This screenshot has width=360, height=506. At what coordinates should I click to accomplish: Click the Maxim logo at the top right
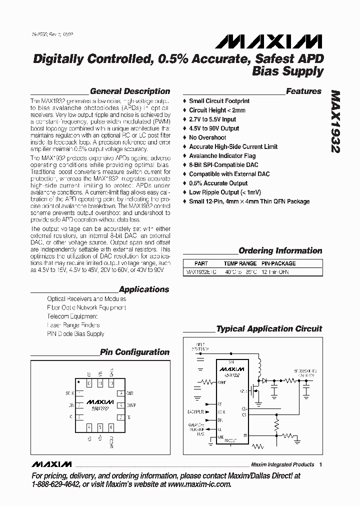click(x=285, y=40)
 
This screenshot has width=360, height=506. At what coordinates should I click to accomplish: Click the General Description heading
click(x=129, y=91)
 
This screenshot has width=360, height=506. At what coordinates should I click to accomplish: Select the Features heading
click(x=303, y=91)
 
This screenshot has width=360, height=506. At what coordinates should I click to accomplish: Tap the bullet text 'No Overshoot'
click(x=207, y=137)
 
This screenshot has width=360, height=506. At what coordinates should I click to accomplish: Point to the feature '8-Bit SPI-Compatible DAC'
click(x=223, y=165)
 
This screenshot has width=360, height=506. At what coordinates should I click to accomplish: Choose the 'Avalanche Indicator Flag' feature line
click(x=222, y=156)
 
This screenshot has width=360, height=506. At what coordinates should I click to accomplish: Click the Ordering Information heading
click(x=280, y=251)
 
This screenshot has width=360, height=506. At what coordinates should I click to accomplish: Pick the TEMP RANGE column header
click(x=240, y=263)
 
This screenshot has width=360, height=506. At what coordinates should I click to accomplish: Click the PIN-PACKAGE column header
click(x=278, y=263)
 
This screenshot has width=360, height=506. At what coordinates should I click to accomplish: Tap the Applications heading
click(x=144, y=289)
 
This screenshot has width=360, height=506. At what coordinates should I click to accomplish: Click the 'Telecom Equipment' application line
click(x=72, y=316)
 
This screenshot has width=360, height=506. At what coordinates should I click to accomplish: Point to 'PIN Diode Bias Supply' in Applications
click(x=75, y=333)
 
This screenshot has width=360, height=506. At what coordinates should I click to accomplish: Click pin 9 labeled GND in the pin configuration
click(x=120, y=393)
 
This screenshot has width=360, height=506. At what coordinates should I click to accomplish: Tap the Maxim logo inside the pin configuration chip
click(x=100, y=401)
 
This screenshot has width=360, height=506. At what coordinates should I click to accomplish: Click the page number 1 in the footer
click(x=320, y=464)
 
